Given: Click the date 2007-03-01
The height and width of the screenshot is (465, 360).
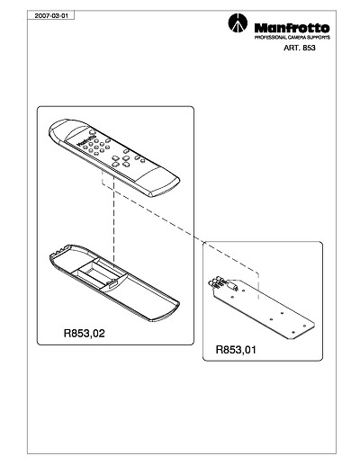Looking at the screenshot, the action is [x=49, y=15].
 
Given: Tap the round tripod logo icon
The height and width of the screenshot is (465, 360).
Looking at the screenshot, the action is [x=238, y=22].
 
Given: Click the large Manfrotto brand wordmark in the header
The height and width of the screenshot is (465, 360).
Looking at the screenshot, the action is [x=292, y=28].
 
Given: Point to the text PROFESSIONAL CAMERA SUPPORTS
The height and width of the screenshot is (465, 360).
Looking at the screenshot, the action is [x=292, y=38].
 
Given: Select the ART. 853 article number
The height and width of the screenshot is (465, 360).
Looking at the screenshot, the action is [x=300, y=48].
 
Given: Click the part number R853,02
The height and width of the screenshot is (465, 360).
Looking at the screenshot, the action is [x=85, y=333].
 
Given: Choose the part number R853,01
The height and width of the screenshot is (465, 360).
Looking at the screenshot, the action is [x=236, y=350].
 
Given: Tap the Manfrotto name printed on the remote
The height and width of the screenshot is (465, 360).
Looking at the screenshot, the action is [x=85, y=139].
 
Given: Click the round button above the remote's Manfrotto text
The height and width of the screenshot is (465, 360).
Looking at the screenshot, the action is [x=92, y=131].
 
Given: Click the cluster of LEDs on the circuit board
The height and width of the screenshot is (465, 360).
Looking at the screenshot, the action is [x=215, y=282].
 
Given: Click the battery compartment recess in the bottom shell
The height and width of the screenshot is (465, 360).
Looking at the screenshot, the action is [x=99, y=272].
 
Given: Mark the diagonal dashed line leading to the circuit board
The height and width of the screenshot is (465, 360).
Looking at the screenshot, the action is [x=180, y=228].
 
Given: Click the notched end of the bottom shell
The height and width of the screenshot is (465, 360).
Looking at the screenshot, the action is [x=61, y=251].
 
